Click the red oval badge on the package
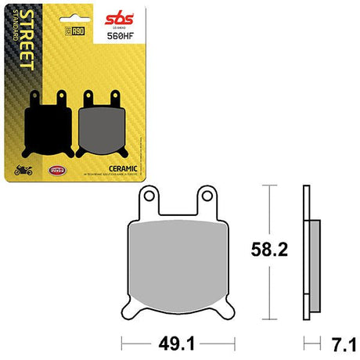[x=56, y=169]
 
